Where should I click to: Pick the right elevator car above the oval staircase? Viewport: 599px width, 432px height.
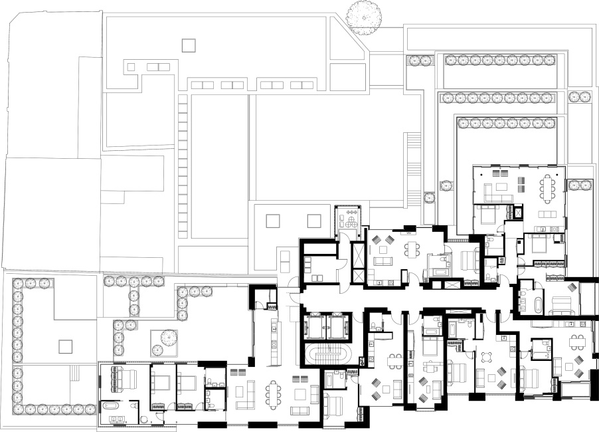(x=337, y=326)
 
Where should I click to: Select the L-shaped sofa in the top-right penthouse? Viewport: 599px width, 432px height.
(x=495, y=191)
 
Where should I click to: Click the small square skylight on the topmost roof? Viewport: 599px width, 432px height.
(x=189, y=45)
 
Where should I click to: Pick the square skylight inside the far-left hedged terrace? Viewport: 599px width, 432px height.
(x=64, y=346)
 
